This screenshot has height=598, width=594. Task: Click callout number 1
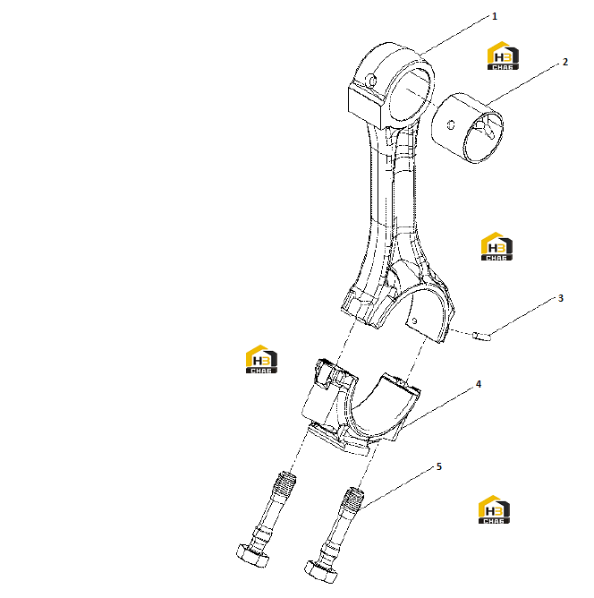coord(495,16)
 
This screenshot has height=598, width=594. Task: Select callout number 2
coord(565,62)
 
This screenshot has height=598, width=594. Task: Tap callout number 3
coord(561,298)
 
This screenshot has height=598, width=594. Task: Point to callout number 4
coord(479,384)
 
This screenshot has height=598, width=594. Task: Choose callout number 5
coord(439,466)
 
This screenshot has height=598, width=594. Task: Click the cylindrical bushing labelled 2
coord(468,128)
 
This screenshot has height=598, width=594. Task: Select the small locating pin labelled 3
coord(481,336)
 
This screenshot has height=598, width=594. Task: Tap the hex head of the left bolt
coord(252,556)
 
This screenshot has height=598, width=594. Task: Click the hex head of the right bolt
coord(321,571)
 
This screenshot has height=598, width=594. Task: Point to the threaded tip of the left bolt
coord(285,483)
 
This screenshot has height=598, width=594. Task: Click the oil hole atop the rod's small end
coord(371,81)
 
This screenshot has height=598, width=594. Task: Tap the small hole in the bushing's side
coord(451,124)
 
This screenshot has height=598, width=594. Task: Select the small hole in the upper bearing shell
coord(414,320)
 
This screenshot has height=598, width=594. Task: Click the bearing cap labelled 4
coord(360,408)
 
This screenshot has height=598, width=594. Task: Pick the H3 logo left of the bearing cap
coord(261,359)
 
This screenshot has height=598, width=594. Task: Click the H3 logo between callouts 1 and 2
coord(503,56)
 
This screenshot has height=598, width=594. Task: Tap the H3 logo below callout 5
coord(494,509)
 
